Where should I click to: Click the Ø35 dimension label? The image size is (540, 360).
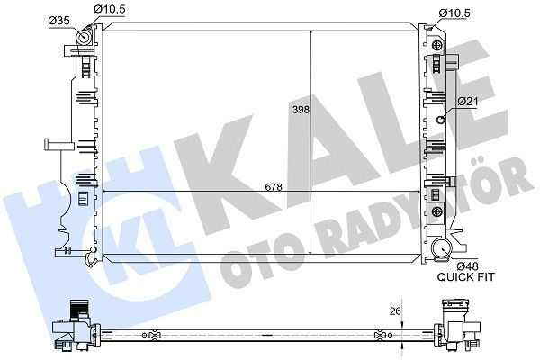[58, 21]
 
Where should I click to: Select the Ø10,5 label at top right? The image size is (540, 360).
[454, 13]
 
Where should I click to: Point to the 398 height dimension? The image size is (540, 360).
[301, 110]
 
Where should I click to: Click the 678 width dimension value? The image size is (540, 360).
[274, 187]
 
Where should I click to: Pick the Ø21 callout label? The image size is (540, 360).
[468, 102]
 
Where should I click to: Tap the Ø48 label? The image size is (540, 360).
[468, 266]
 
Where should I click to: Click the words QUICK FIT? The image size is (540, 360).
[466, 276]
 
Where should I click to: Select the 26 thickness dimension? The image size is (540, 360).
[395, 311]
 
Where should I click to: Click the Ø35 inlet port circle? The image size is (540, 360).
[84, 37]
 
